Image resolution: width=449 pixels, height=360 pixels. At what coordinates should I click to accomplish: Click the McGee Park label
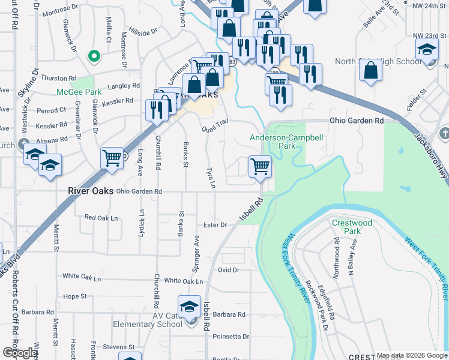click(79, 92)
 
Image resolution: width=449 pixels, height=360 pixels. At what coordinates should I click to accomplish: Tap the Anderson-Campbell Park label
click(287, 142)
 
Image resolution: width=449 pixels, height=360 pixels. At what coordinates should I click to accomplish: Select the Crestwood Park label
click(352, 227)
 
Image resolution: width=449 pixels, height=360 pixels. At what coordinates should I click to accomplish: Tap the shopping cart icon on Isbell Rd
click(260, 166)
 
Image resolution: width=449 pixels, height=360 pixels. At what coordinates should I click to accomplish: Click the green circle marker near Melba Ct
click(93, 57)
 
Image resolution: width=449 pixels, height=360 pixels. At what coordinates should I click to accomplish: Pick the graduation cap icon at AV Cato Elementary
click(190, 306)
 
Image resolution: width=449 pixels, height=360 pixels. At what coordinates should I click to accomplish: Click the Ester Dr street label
click(215, 225)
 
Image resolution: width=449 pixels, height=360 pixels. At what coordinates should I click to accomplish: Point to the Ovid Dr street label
click(229, 270)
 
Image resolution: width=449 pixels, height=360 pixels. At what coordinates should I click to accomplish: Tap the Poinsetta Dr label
click(230, 337)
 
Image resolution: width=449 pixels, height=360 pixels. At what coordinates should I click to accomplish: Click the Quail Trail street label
click(215, 125)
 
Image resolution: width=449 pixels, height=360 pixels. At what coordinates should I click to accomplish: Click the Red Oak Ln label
click(101, 218)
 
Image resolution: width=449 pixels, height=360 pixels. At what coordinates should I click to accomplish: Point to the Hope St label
click(75, 296)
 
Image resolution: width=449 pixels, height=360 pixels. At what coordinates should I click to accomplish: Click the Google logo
click(20, 353)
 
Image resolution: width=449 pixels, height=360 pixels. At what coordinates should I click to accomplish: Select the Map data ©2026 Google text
click(412, 355)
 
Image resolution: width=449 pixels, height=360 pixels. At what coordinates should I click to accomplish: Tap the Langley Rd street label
click(123, 86)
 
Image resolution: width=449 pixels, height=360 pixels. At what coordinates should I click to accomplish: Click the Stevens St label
click(118, 347)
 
